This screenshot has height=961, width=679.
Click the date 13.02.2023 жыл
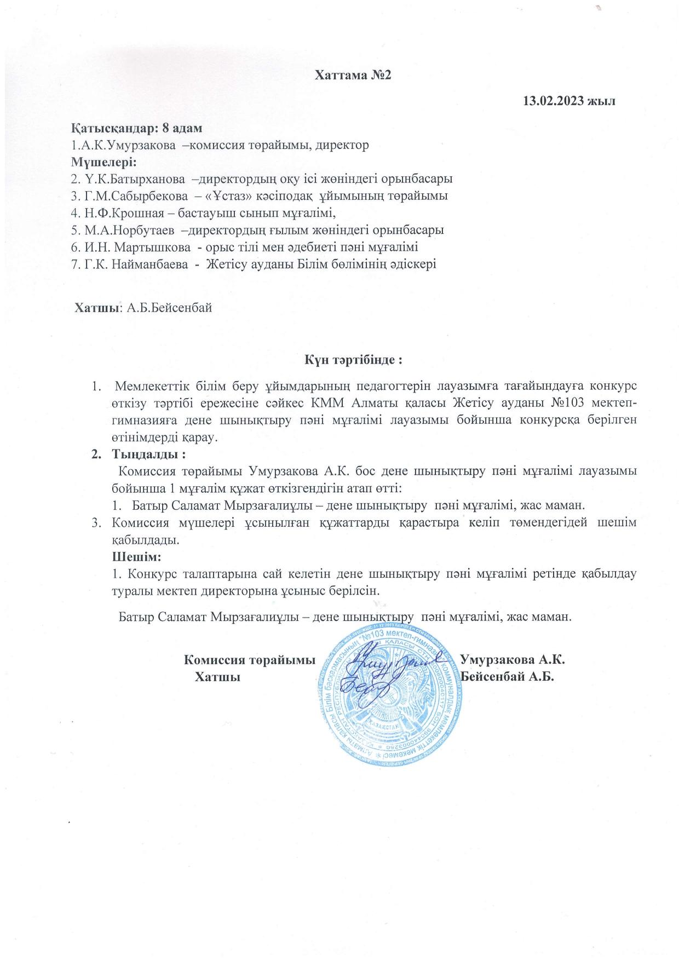[x=569, y=101]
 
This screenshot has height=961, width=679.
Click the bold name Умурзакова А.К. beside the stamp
[x=513, y=659]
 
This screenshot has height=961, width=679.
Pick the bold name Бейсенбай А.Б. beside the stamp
[x=508, y=677]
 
